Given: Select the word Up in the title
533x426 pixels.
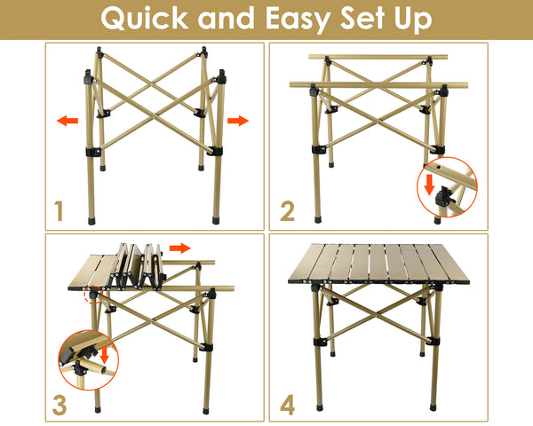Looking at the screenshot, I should point(418,19).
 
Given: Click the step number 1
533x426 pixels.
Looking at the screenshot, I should point(60,211).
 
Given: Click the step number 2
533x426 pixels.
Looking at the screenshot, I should point(286,211).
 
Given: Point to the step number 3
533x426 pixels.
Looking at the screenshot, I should point(60,405).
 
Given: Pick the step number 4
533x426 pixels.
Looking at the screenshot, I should point(286,405).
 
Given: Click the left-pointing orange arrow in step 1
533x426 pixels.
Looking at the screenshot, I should point(67,121).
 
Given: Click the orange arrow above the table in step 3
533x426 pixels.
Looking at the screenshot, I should point(180,248).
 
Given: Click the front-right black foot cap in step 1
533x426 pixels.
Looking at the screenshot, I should point(218,217).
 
